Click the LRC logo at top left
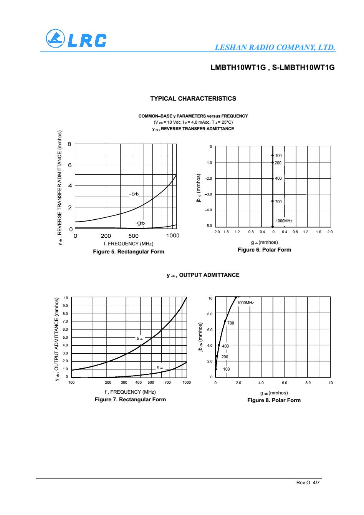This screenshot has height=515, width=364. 75,40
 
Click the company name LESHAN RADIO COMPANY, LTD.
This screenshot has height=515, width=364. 275,48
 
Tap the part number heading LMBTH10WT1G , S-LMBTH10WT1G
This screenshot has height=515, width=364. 273,68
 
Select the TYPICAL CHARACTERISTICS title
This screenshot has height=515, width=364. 193,99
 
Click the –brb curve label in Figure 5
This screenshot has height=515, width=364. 134,194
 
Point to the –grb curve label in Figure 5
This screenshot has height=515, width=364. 140,223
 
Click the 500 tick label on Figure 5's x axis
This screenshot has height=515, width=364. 133,236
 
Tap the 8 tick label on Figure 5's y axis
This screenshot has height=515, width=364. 69,144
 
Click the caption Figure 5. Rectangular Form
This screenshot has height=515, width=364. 129,252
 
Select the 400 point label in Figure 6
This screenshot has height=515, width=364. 278,179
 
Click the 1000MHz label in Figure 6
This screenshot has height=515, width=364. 284,221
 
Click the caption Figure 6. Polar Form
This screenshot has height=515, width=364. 265,250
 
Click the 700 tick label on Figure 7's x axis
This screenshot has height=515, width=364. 168,383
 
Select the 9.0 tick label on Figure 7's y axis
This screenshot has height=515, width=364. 65,306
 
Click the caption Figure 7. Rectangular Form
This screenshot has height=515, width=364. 130,400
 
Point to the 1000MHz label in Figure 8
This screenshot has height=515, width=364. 246,303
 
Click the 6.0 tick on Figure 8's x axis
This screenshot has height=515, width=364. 285,383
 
